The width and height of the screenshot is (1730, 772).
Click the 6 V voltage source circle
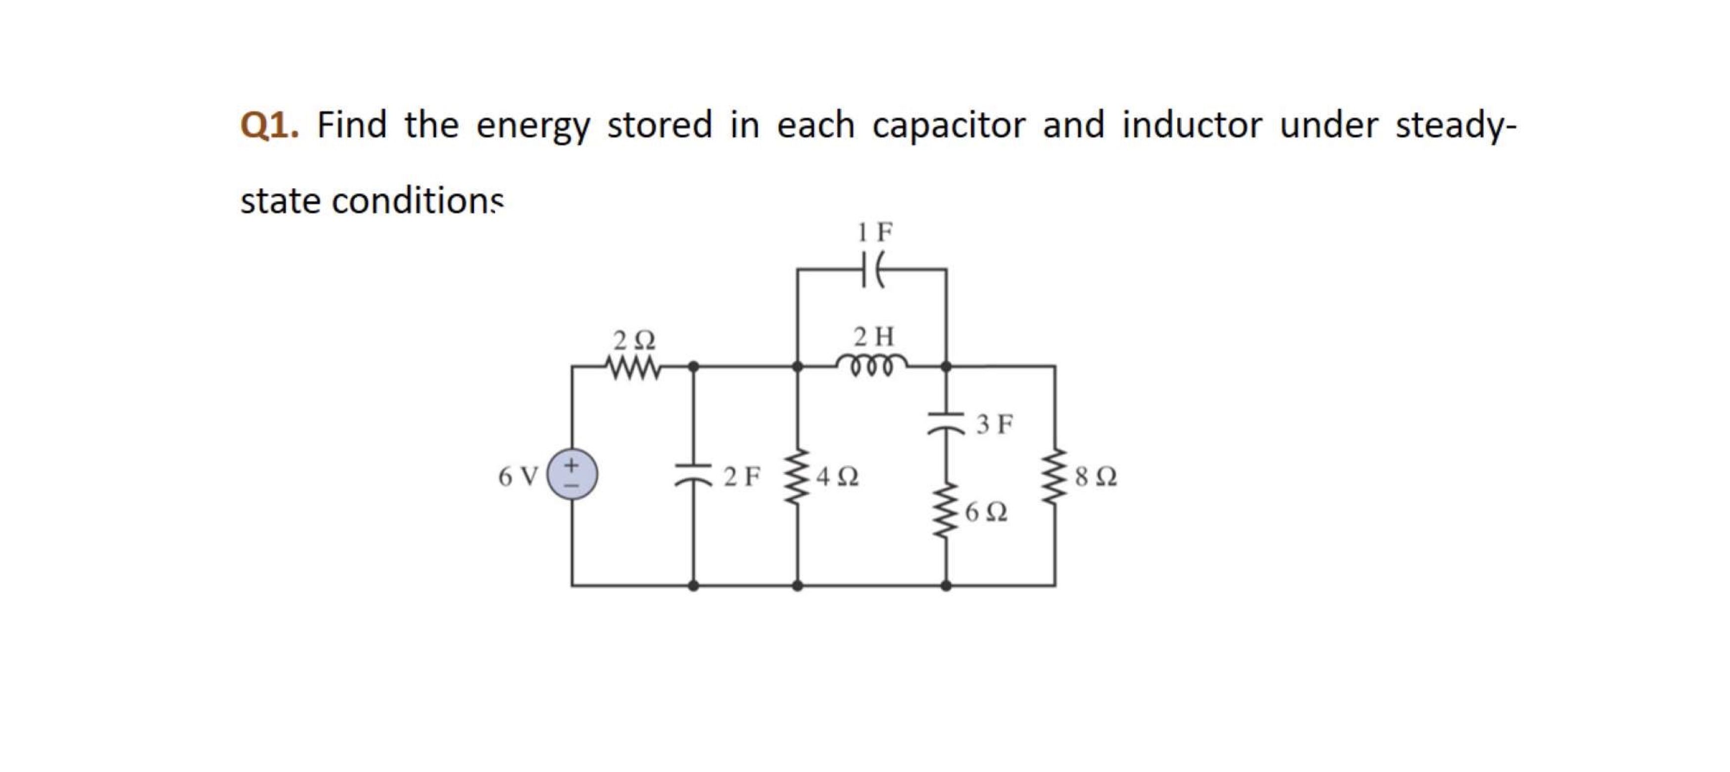pos(572,475)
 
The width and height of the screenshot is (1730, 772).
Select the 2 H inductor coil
pos(872,366)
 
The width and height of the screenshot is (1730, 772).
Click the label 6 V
pos(518,477)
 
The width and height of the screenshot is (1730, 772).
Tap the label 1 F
pos(874,233)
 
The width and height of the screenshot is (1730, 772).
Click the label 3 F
pos(994,424)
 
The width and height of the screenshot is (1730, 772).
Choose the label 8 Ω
pos(1096,477)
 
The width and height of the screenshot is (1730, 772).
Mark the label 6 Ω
pos(986,513)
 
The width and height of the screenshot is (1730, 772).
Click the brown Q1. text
pos(269,126)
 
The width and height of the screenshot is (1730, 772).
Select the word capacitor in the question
pos(948,126)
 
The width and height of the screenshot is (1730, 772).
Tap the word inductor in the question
pos(1192,126)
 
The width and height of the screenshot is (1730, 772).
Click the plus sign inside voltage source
pos(572,464)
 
